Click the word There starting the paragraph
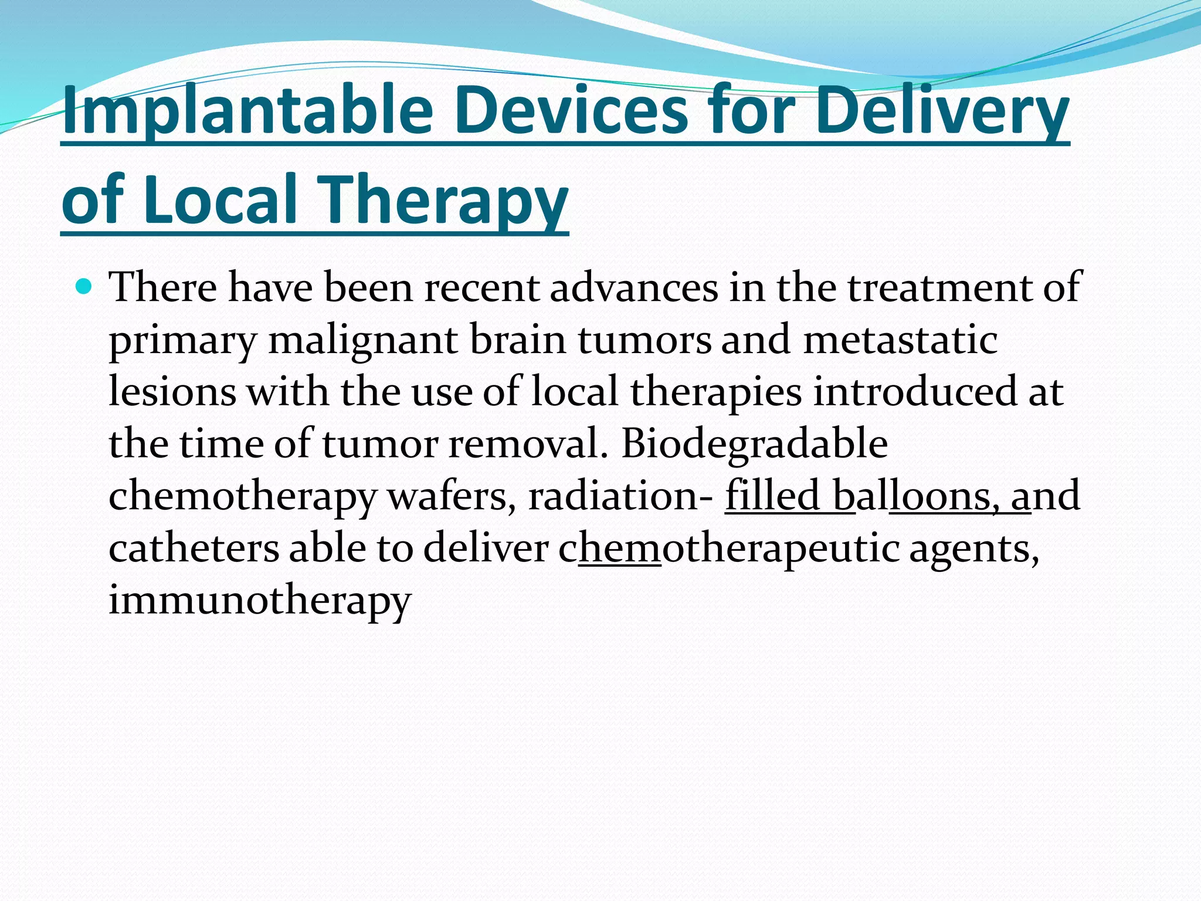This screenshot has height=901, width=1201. tap(162, 287)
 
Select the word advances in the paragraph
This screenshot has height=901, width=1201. tap(633, 287)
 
